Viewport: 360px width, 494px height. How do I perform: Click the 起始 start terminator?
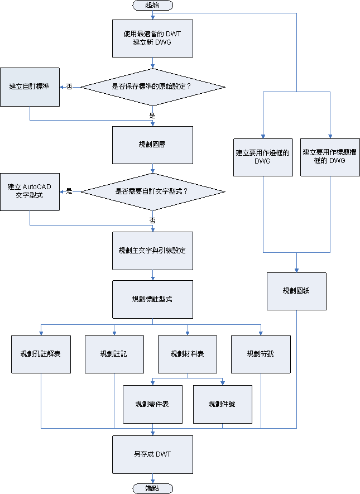(x=152, y=5)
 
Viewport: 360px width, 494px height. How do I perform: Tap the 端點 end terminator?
(x=152, y=488)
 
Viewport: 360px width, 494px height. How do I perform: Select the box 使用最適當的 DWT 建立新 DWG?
(x=152, y=38)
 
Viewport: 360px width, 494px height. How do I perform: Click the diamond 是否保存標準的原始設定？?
(x=152, y=87)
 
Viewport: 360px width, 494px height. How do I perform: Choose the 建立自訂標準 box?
(x=30, y=87)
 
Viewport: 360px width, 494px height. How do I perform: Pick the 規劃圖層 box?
(x=152, y=145)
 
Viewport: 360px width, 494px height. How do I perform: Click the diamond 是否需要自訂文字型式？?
(x=152, y=191)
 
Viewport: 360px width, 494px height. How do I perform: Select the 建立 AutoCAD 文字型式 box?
(x=30, y=191)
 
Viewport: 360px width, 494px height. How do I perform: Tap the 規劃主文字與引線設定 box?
(x=152, y=251)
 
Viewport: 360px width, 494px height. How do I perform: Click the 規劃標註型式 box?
(x=152, y=299)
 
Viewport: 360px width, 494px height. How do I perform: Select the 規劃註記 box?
(x=114, y=354)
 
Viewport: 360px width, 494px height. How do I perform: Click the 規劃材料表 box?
(x=188, y=354)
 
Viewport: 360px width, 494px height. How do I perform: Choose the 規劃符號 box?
(x=261, y=354)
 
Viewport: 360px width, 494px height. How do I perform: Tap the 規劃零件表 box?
(x=153, y=404)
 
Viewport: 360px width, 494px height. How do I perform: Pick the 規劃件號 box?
(x=223, y=404)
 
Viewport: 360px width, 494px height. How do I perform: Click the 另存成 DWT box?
(x=152, y=454)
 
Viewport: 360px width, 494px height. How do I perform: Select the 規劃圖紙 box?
(x=296, y=291)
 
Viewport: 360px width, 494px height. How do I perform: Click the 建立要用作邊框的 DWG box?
(x=263, y=157)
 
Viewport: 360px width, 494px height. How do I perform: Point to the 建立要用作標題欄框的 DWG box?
(x=330, y=157)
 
